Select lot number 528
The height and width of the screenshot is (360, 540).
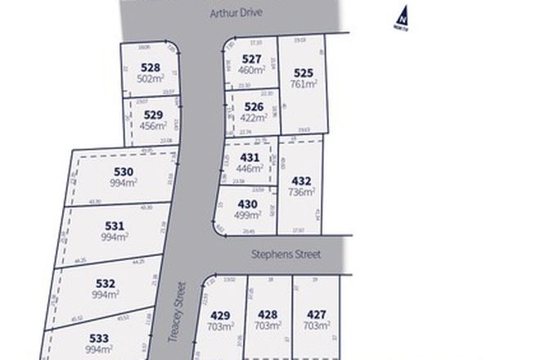click(150, 68)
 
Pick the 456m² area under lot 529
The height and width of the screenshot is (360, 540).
click(153, 126)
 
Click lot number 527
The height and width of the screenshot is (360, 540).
click(251, 59)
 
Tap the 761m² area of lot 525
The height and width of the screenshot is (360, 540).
click(302, 83)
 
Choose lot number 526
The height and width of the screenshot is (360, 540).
click(254, 106)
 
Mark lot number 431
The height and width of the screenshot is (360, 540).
click(250, 158)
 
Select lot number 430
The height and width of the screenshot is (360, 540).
click(248, 205)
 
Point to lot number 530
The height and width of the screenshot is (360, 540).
click(124, 172)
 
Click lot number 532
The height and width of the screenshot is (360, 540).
click(106, 283)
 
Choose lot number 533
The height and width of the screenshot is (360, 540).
click(99, 338)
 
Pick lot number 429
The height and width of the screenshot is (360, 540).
click(220, 314)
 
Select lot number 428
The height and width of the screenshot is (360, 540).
click(268, 314)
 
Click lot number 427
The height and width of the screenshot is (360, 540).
click(316, 314)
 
